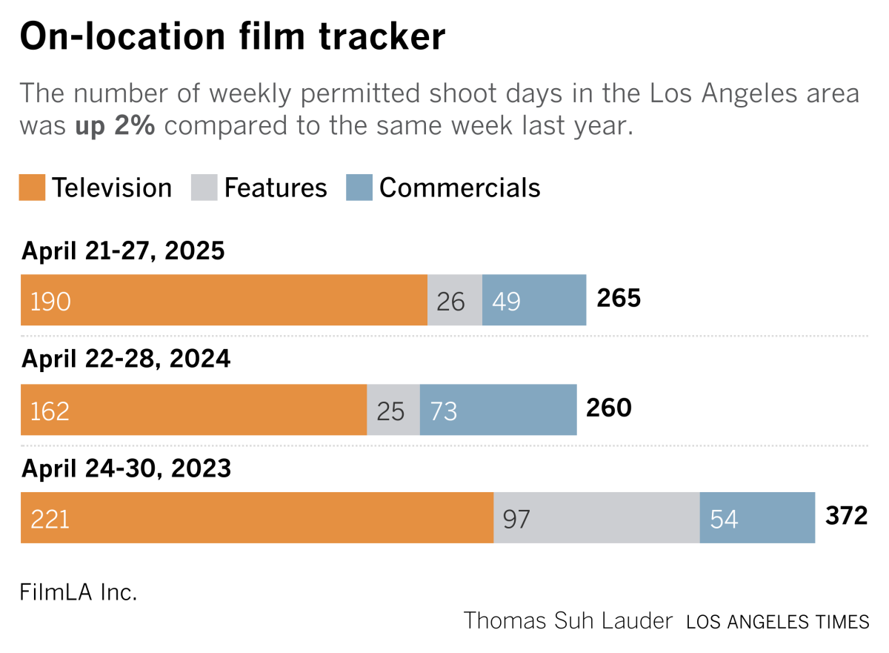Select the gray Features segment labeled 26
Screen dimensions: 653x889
pos(455,300)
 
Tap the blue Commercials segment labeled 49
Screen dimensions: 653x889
pos(534,300)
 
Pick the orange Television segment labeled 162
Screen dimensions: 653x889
pos(193,410)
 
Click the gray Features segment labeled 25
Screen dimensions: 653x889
pos(393,410)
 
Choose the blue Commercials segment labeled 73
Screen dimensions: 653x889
pos(498,410)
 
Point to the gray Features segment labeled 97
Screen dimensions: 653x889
pos(596,518)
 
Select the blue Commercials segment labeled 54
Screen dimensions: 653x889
pos(757,518)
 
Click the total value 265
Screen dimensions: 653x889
pos(618,298)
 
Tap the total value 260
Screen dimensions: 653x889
pos(608,408)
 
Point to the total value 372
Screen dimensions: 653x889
pos(846,516)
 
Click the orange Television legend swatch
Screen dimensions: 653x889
pos(33,188)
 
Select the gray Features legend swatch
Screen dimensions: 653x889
pos(204,188)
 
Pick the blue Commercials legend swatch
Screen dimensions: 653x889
pos(359,188)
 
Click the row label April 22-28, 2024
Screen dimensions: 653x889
pos(126,359)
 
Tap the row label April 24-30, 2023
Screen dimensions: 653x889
pos(126,469)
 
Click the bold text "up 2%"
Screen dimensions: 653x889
pos(115,126)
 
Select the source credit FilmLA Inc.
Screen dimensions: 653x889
pos(79,593)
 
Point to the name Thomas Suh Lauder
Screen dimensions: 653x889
pos(567,620)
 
